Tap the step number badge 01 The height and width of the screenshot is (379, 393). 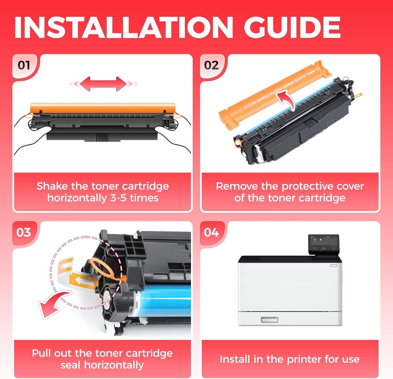click(24, 65)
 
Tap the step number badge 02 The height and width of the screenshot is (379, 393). click(211, 65)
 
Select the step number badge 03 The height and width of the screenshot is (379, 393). click(24, 233)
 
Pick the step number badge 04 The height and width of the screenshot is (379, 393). click(211, 233)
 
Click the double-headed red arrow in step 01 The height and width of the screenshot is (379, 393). click(103, 84)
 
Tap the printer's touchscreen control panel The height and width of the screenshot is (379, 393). click(324, 243)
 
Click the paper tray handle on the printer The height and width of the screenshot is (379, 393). click(270, 320)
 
